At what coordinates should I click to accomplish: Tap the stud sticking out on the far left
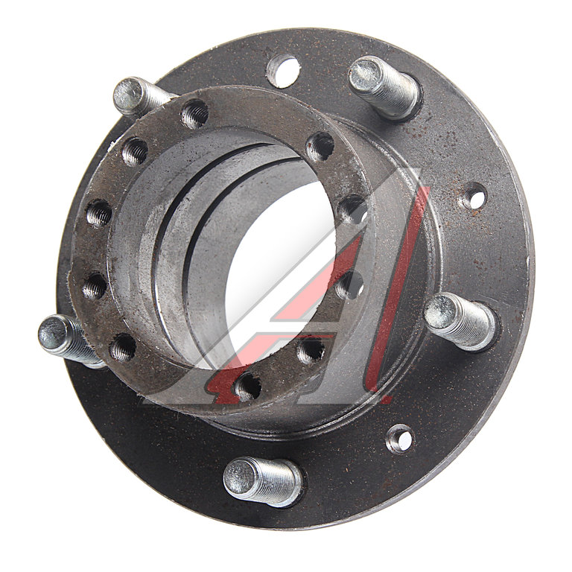coord(69,340)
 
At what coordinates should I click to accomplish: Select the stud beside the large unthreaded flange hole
coord(384,87)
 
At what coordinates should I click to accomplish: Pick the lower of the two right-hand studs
coord(461,321)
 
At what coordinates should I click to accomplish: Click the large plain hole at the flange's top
coord(284,71)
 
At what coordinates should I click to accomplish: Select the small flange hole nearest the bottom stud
coord(400,439)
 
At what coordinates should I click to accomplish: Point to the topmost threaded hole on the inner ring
coord(194,113)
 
